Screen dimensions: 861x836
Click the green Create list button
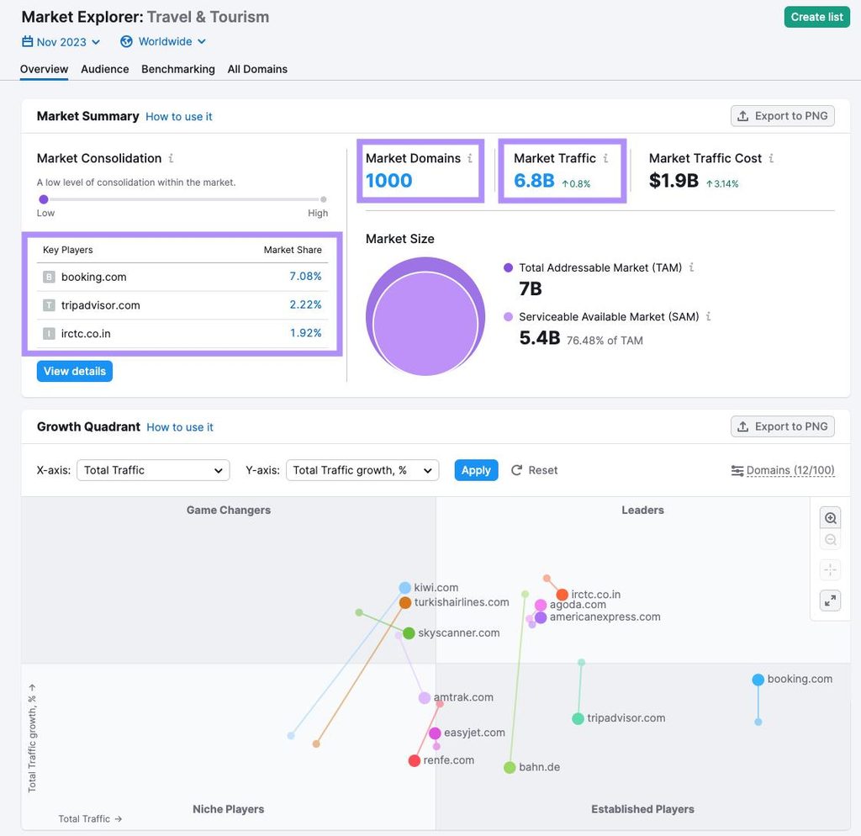coord(816,17)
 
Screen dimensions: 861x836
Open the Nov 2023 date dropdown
coord(61,42)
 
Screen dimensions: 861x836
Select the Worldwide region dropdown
coord(163,42)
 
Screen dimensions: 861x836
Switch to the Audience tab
coord(105,69)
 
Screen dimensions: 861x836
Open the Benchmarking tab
coord(178,69)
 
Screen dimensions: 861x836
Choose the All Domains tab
coord(257,69)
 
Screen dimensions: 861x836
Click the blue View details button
coord(75,371)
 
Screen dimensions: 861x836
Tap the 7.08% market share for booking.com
coord(305,277)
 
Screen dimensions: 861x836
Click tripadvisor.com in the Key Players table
coord(101,305)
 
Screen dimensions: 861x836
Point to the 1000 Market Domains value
coord(388,181)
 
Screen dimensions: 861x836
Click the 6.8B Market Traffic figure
coord(534,181)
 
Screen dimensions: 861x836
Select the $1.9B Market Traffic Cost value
coord(673,181)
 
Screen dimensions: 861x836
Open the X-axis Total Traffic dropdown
coord(153,470)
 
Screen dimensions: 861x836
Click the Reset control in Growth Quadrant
coord(534,470)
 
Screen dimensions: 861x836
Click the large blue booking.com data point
coord(758,680)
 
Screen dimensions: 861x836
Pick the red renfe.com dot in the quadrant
coord(415,761)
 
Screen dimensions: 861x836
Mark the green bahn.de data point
coord(510,767)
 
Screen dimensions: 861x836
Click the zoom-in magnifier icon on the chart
coord(830,518)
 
